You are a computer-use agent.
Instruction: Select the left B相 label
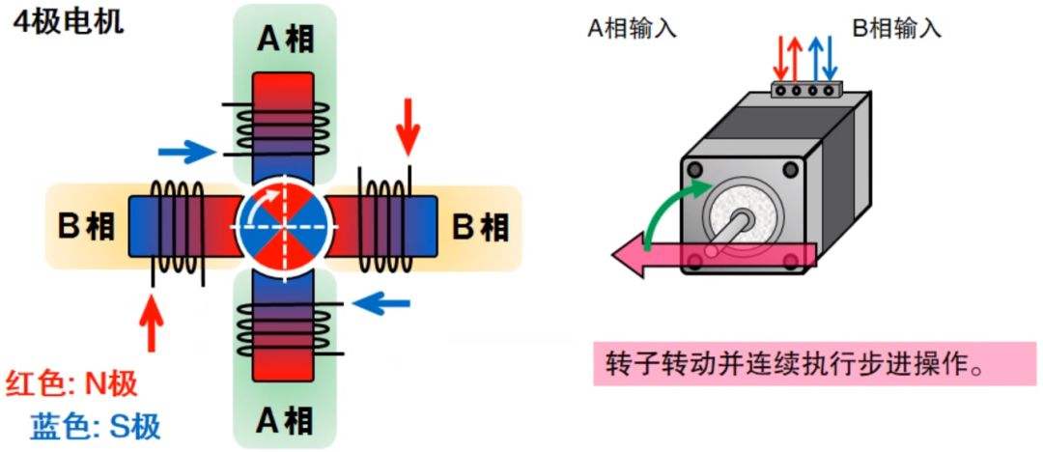(86, 227)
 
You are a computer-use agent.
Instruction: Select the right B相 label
(480, 227)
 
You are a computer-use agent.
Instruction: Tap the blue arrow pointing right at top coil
(185, 151)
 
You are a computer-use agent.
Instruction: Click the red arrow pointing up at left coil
(151, 325)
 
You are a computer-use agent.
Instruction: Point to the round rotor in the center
(284, 227)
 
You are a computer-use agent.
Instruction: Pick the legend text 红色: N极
(71, 383)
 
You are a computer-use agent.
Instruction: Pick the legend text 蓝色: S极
(95, 426)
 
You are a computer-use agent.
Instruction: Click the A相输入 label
(633, 28)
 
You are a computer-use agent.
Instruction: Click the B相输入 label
(895, 28)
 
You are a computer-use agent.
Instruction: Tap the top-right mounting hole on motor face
(791, 172)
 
